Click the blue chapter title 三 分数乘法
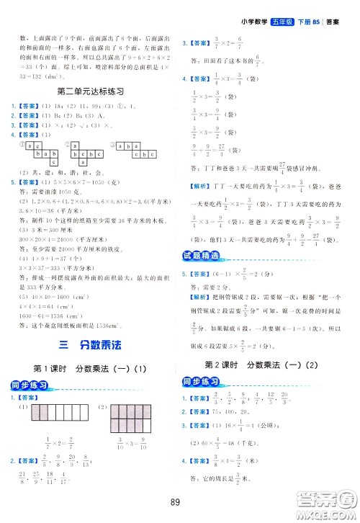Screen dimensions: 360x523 tap(89, 344)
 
